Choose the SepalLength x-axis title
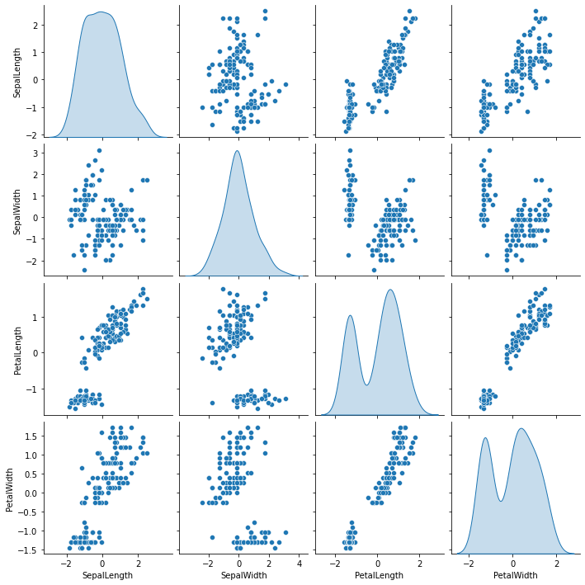pos(105,575)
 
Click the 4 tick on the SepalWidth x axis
pos(298,564)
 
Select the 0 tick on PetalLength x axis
pos(376,564)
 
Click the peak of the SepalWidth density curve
pos(237,151)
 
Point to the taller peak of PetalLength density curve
pos(390,290)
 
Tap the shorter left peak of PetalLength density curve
pos(350,316)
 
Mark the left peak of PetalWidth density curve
pos(485,438)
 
